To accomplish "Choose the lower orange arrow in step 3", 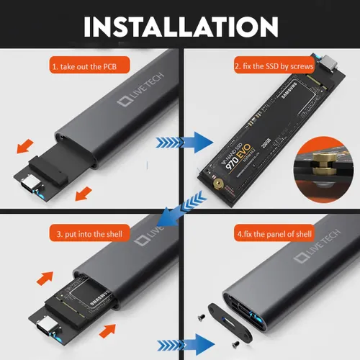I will pyautogui.click(x=107, y=330).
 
